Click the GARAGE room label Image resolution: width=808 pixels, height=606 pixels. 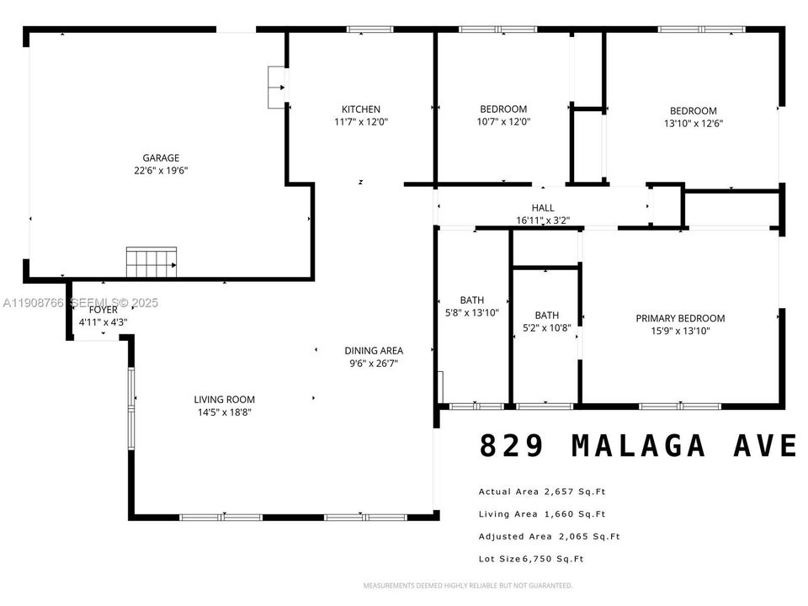click(x=160, y=157)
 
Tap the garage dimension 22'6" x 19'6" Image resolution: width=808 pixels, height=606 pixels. click(x=160, y=170)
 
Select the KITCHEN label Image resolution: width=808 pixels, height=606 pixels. click(x=360, y=109)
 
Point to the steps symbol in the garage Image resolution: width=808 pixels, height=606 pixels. click(x=151, y=262)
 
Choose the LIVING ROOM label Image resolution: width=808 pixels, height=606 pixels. click(x=224, y=400)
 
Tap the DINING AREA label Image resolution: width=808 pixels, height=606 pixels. click(x=373, y=351)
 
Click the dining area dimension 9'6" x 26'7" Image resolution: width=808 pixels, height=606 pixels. click(x=373, y=364)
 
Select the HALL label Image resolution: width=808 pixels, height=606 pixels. click(x=543, y=208)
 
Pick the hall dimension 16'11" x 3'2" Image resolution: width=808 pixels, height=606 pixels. click(x=543, y=221)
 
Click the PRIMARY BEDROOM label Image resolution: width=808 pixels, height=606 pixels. click(x=680, y=318)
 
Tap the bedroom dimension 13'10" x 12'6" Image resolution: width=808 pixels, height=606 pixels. click(x=693, y=123)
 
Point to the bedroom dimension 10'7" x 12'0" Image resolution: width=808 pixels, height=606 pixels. click(x=503, y=121)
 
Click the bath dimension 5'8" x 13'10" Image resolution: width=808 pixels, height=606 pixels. click(x=471, y=312)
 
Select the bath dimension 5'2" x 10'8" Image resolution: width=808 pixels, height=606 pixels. click(x=546, y=328)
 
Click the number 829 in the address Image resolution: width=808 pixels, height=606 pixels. click(x=513, y=445)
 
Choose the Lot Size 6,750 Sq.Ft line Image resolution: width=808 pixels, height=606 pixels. click(x=531, y=559)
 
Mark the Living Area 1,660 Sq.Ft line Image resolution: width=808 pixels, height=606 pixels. click(x=542, y=514)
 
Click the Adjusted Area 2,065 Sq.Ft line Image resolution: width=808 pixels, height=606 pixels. click(x=549, y=537)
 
